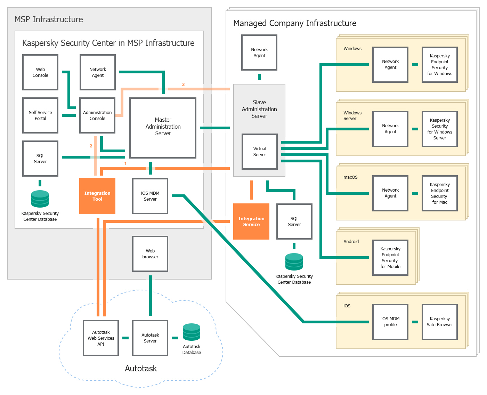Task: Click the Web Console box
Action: tap(40, 72)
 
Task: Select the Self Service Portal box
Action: tap(40, 115)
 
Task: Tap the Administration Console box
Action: tap(97, 115)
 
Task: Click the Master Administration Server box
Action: tap(163, 128)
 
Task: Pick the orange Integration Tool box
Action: tap(97, 196)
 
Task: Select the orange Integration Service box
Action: tap(251, 221)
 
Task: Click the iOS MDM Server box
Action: tap(150, 196)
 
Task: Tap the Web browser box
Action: tap(150, 254)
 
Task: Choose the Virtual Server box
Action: tap(260, 152)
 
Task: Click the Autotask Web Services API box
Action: tap(101, 338)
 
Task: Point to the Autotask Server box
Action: tap(150, 338)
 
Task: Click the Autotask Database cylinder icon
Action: tap(192, 332)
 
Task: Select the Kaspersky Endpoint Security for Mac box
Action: tap(440, 193)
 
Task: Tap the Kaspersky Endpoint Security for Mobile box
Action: tap(390, 258)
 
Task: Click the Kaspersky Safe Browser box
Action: tap(440, 322)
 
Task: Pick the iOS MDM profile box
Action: tap(390, 322)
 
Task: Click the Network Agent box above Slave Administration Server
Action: tap(259, 53)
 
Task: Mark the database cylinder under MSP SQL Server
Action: tap(40, 199)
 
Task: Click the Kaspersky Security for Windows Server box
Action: tap(440, 129)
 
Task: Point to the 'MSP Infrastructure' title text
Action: tap(49, 19)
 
